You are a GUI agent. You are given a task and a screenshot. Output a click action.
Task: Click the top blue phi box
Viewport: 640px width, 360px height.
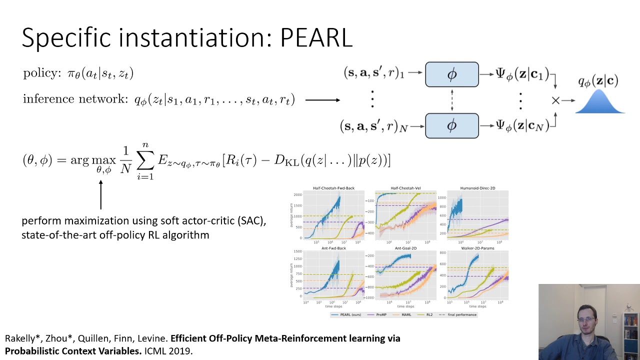(451, 74)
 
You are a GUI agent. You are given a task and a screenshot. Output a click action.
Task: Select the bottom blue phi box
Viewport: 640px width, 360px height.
(451, 125)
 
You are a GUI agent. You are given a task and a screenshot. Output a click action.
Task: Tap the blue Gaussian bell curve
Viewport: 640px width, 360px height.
(599, 103)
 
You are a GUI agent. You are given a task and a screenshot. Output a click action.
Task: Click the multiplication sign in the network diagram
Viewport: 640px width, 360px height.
(555, 100)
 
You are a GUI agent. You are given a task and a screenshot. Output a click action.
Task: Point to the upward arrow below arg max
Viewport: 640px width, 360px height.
(101, 194)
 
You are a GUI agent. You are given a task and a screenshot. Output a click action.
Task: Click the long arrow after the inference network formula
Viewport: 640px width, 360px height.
(322, 100)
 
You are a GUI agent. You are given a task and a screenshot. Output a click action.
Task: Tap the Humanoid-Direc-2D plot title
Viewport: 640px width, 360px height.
(477, 188)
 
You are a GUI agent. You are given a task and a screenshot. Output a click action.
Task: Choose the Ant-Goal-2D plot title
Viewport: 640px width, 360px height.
(405, 248)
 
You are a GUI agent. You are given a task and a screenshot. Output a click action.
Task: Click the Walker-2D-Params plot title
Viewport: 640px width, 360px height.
(477, 248)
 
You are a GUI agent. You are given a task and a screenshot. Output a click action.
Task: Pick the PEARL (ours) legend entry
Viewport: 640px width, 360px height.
(348, 314)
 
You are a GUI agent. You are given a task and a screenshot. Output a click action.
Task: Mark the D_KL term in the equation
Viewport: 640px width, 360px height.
(290, 161)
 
